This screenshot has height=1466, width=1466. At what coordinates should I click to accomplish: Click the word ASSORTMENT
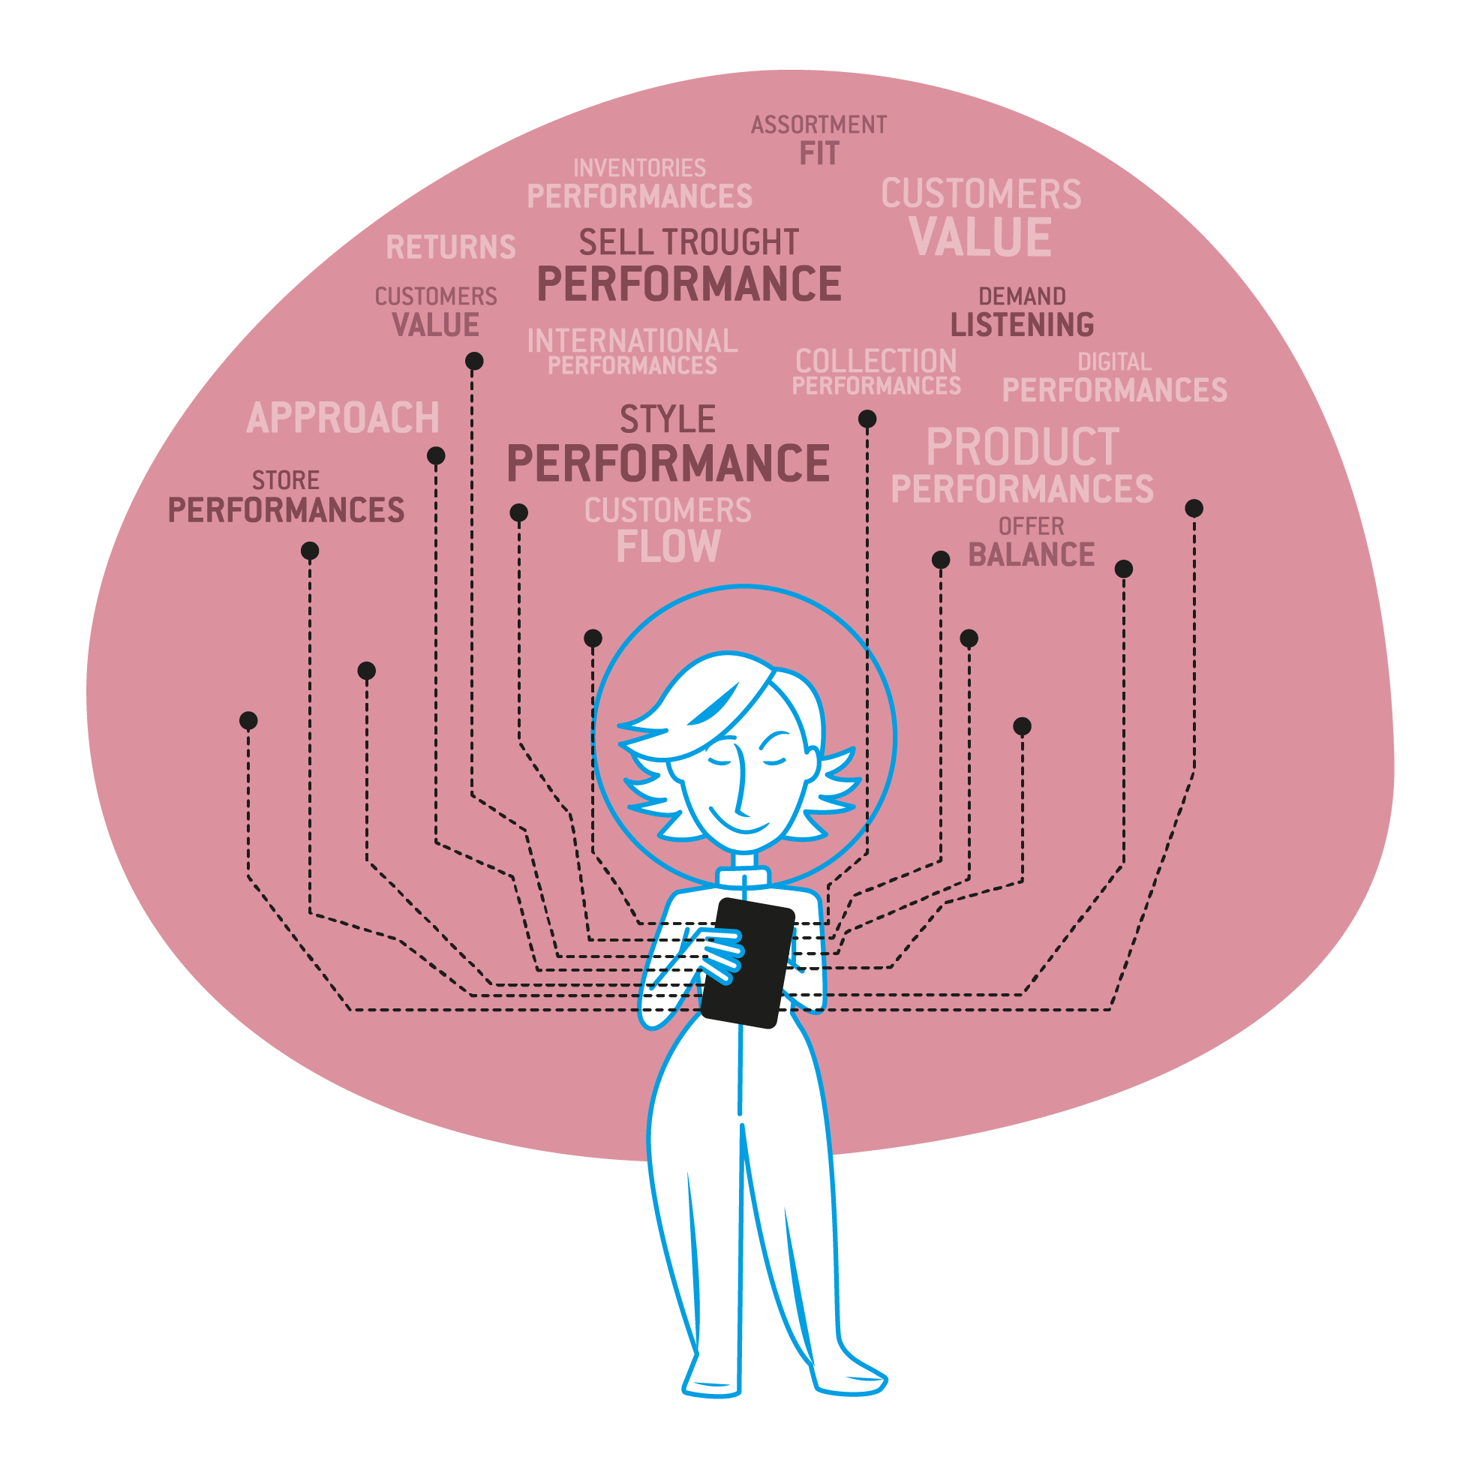pyautogui.click(x=819, y=125)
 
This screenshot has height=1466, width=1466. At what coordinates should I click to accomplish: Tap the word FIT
pyautogui.click(x=819, y=154)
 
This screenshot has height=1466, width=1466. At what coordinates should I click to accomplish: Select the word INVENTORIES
pyautogui.click(x=639, y=168)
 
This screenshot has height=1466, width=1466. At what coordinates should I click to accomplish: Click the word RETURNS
pyautogui.click(x=451, y=248)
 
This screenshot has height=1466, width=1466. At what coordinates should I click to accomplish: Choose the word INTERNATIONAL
pyautogui.click(x=632, y=341)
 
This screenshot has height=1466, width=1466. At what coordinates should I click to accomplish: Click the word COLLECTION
pyautogui.click(x=876, y=361)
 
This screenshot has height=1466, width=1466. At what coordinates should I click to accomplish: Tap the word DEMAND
pyautogui.click(x=1021, y=296)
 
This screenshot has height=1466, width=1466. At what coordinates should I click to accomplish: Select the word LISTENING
pyautogui.click(x=1021, y=325)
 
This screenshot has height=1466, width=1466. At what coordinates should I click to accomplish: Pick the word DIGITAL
pyautogui.click(x=1114, y=362)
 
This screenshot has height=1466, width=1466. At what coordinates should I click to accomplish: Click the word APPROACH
pyautogui.click(x=343, y=418)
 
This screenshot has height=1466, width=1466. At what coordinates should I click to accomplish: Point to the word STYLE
pyautogui.click(x=667, y=419)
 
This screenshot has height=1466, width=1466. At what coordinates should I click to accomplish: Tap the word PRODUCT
pyautogui.click(x=1022, y=447)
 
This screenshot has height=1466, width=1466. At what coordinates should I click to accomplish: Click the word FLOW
pyautogui.click(x=668, y=546)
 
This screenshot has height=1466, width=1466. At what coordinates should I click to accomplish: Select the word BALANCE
pyautogui.click(x=1031, y=554)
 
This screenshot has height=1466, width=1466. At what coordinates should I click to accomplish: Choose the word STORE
pyautogui.click(x=285, y=480)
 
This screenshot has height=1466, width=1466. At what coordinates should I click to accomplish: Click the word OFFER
pyautogui.click(x=1030, y=527)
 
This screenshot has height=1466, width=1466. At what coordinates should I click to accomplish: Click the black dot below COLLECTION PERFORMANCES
pyautogui.click(x=867, y=419)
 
